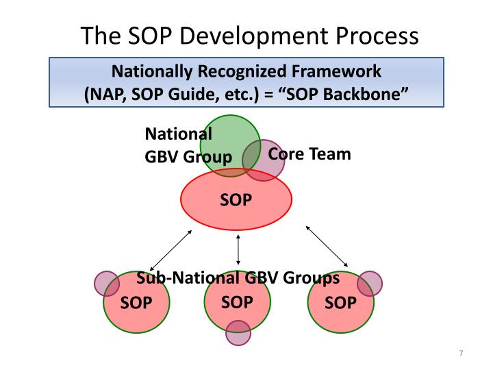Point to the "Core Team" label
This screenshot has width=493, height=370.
(x=309, y=153)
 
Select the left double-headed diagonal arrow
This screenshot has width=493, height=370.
(x=170, y=249)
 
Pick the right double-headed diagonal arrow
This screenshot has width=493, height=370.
(x=327, y=245)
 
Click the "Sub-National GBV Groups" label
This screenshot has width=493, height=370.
(x=238, y=279)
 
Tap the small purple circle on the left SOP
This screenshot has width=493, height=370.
(x=106, y=283)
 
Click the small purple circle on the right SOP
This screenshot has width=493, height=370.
(x=370, y=282)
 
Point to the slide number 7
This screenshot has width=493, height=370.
(x=462, y=352)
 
